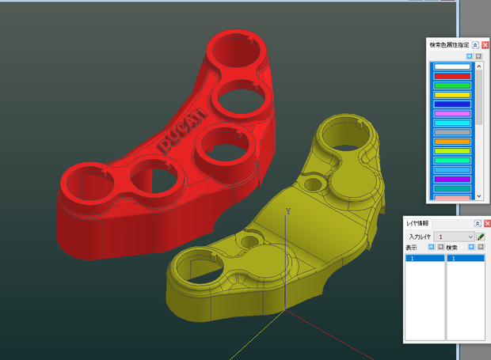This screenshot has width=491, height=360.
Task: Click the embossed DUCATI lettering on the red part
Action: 181,131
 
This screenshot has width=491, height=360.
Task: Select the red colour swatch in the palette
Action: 452,76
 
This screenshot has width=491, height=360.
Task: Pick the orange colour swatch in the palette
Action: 452,142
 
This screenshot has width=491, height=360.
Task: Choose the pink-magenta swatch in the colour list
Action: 452,113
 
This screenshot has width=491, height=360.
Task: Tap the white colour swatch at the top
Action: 452,66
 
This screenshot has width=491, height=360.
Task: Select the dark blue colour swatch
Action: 452,104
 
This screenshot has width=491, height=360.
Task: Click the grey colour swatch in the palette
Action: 452,132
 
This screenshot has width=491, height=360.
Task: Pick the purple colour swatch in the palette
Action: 452,180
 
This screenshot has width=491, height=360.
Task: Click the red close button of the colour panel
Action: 485,45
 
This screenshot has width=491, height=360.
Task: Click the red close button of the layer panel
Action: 487,223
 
